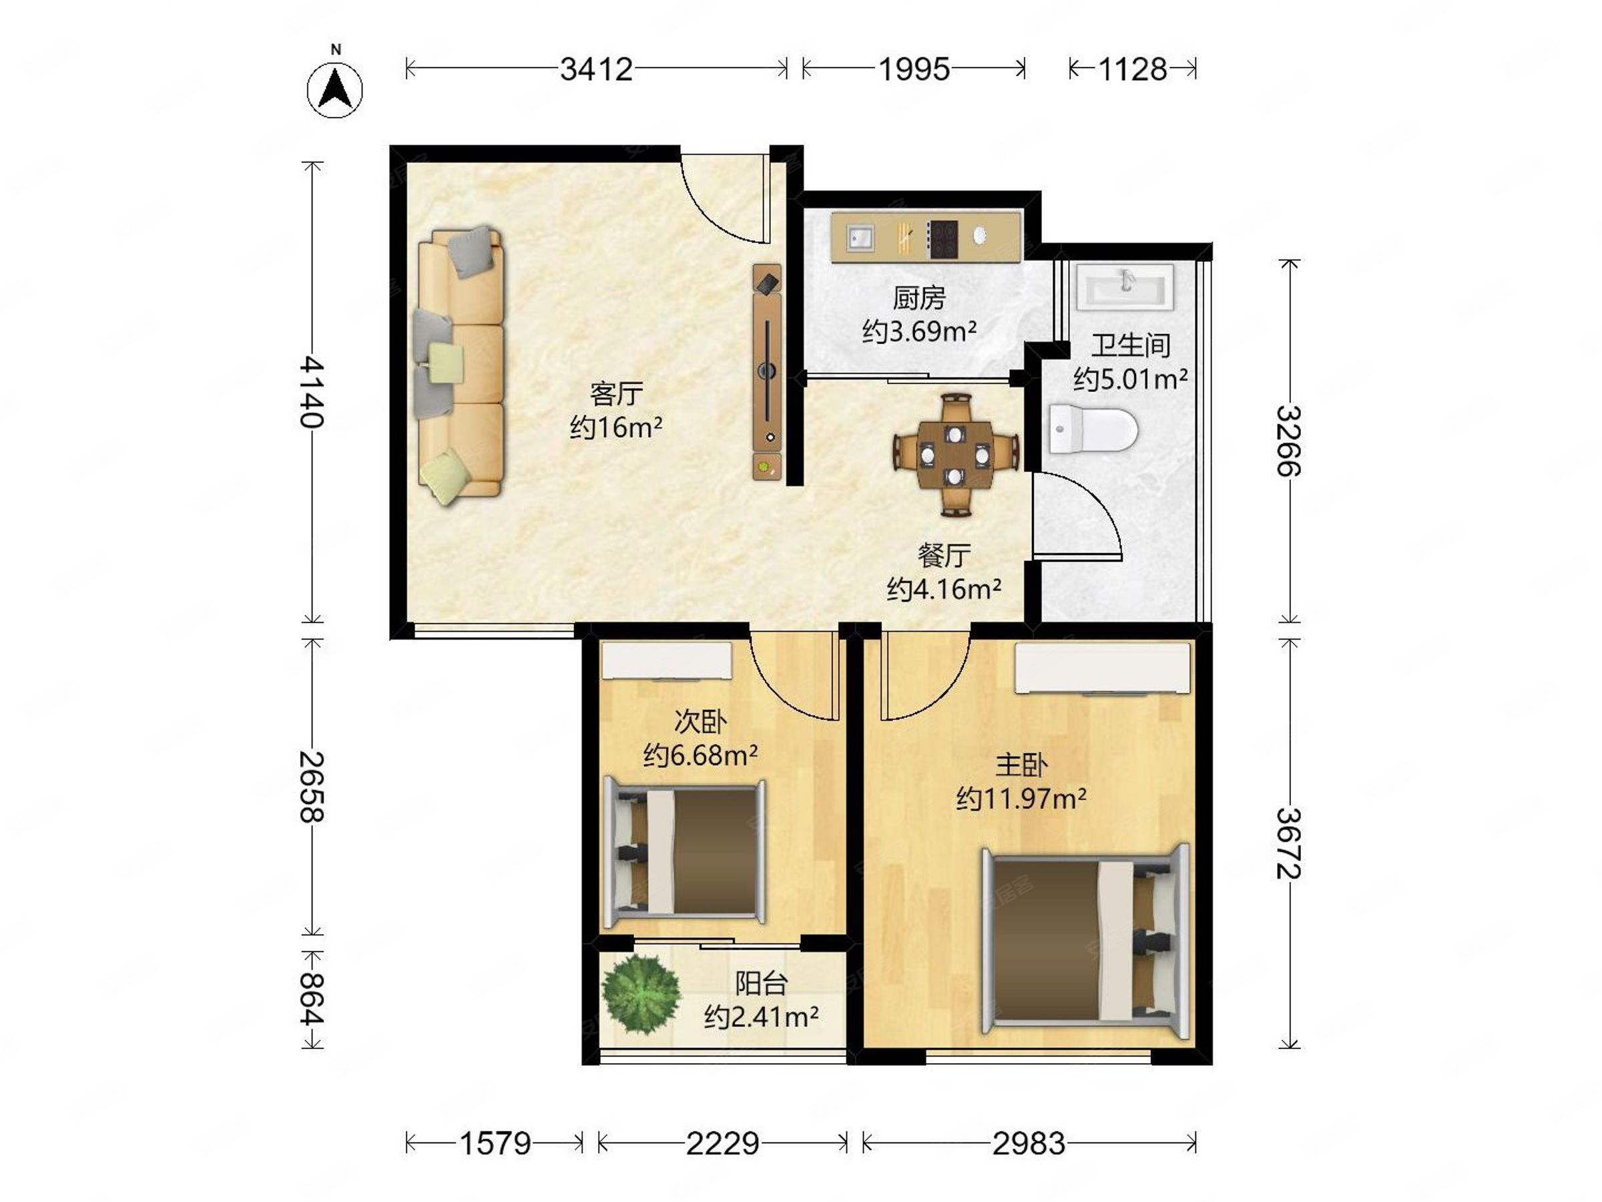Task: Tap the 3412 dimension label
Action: point(596,69)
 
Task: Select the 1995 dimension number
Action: point(914,69)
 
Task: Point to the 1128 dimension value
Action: point(1133,69)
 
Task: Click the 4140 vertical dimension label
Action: point(312,391)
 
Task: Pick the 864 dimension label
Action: point(312,999)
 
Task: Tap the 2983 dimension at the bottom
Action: point(1029,1144)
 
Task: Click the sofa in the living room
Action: point(459,364)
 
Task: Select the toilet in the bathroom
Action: point(1093,428)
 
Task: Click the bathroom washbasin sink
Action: point(1124,287)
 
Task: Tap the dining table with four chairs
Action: point(956,455)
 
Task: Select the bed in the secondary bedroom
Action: point(684,851)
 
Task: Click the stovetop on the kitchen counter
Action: point(943,239)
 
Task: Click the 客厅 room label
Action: point(616,394)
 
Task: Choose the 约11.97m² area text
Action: point(1021,799)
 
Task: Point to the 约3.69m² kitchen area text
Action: point(919,331)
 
